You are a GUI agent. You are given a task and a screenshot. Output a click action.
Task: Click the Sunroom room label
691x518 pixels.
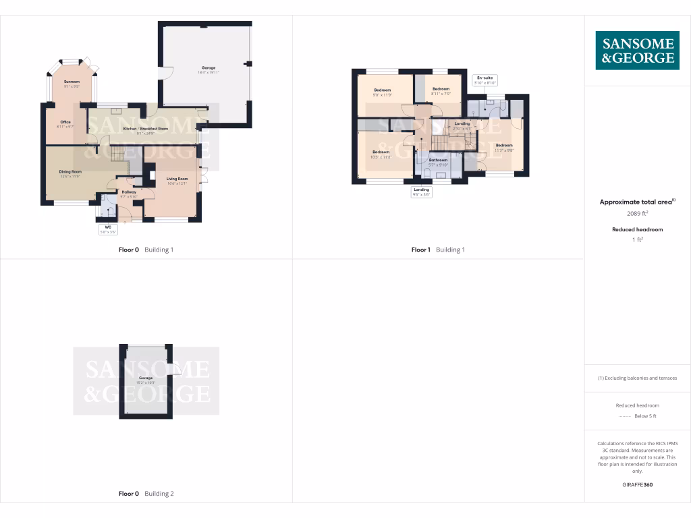[72, 82]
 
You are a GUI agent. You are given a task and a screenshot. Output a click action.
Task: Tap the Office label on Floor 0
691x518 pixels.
[65, 122]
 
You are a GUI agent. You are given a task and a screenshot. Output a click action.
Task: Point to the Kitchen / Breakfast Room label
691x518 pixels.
[141, 128]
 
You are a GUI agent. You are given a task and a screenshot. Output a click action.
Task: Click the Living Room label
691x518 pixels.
[177, 179]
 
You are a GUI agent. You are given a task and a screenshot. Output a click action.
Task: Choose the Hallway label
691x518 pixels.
[128, 192]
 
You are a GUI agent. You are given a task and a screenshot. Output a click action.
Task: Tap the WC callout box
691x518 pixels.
[109, 229]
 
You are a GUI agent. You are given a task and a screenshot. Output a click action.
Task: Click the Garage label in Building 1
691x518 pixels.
[209, 68]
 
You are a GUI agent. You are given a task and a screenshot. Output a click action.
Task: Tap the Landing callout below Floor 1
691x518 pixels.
[421, 192]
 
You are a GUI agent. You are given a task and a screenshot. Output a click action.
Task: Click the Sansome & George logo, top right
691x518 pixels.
[637, 51]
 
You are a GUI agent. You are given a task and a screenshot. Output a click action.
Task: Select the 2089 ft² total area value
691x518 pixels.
[637, 213]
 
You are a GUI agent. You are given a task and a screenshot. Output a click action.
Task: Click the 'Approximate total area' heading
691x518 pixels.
[637, 202]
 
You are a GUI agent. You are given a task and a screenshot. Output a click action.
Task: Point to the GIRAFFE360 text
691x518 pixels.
[637, 485]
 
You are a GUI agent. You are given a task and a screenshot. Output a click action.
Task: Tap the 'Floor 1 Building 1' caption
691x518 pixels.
[438, 250]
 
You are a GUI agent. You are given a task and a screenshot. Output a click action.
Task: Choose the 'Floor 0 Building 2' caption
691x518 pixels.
[146, 494]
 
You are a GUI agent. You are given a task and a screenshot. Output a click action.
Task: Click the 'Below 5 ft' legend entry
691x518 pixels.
[637, 416]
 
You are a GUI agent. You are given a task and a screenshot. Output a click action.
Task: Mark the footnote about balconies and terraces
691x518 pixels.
[637, 378]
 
